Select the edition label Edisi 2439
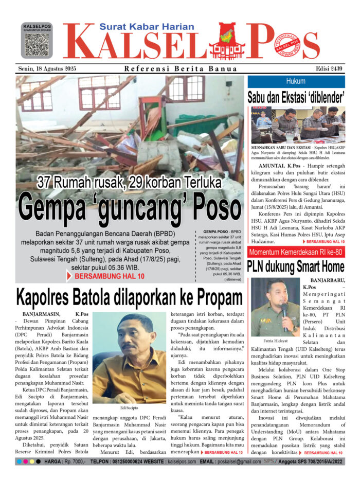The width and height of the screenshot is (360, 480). click(330, 69)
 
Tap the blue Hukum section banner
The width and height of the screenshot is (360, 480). click(296, 81)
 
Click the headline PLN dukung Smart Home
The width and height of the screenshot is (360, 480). click(296, 266)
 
